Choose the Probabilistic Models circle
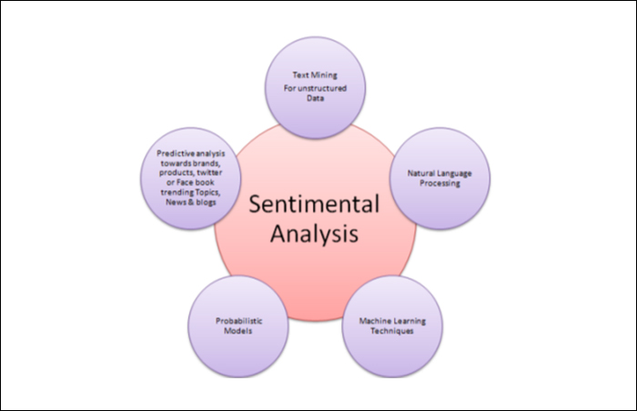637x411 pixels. click(233, 326)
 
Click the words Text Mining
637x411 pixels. click(314, 76)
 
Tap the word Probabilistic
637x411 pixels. click(233, 321)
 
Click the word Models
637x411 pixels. click(233, 332)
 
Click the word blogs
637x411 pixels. click(206, 203)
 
